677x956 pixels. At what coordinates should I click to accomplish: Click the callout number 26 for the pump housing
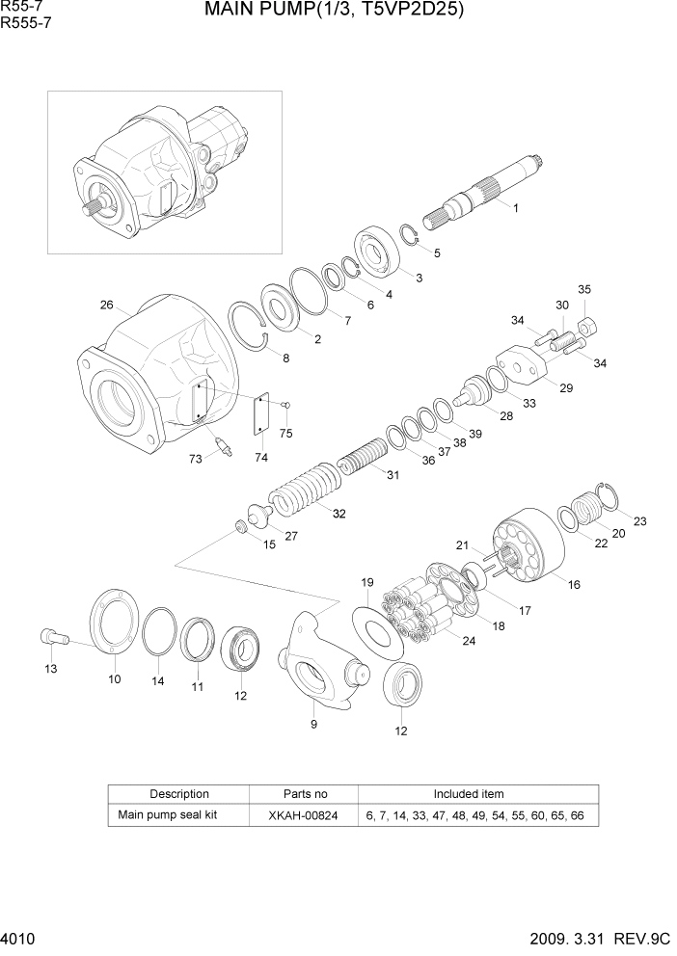point(106,305)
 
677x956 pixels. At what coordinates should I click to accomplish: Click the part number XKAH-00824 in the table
point(304,815)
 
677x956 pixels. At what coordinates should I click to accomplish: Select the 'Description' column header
point(179,794)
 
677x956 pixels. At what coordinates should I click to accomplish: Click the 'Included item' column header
point(469,794)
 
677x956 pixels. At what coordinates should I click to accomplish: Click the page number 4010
point(20,938)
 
